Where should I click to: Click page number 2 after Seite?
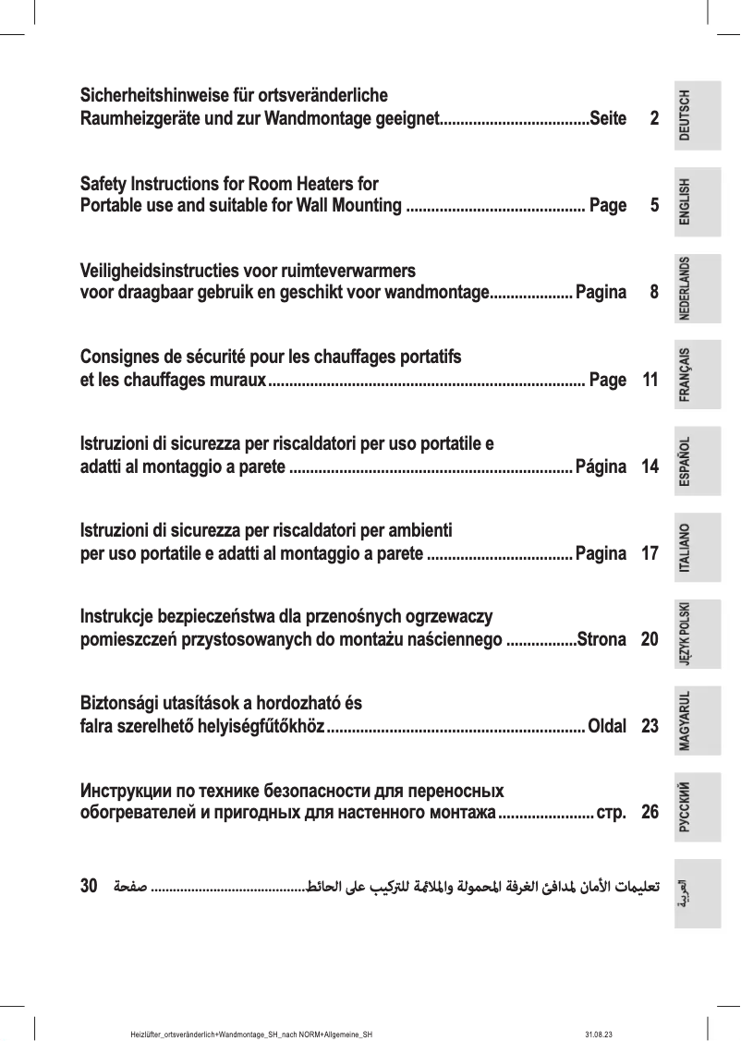click(x=654, y=119)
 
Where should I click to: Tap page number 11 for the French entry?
click(x=650, y=380)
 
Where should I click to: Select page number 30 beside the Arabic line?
click(x=90, y=887)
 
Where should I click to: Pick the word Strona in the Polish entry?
click(x=601, y=639)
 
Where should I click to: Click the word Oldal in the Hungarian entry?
click(x=607, y=726)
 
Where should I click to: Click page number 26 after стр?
click(x=650, y=813)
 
